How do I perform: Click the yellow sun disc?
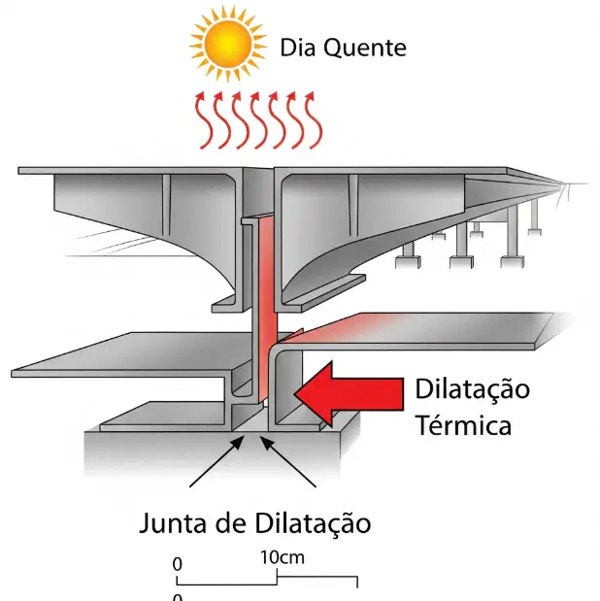coord(228,45)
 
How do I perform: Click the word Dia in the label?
coord(298,48)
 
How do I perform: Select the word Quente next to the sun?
coord(365,48)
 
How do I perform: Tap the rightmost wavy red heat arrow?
coord(314,120)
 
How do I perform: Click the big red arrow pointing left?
coord(349,394)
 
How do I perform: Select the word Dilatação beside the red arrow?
coord(473,389)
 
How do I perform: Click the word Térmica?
coord(463,424)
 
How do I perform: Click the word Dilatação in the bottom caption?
coord(313,523)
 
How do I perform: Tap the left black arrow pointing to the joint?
coord(217,462)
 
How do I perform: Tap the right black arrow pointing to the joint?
coord(288,462)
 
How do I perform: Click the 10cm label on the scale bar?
coord(283,557)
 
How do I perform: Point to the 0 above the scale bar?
coord(177,564)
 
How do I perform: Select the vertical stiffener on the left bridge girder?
coord(166,205)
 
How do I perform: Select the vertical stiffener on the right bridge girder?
coord(353,206)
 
